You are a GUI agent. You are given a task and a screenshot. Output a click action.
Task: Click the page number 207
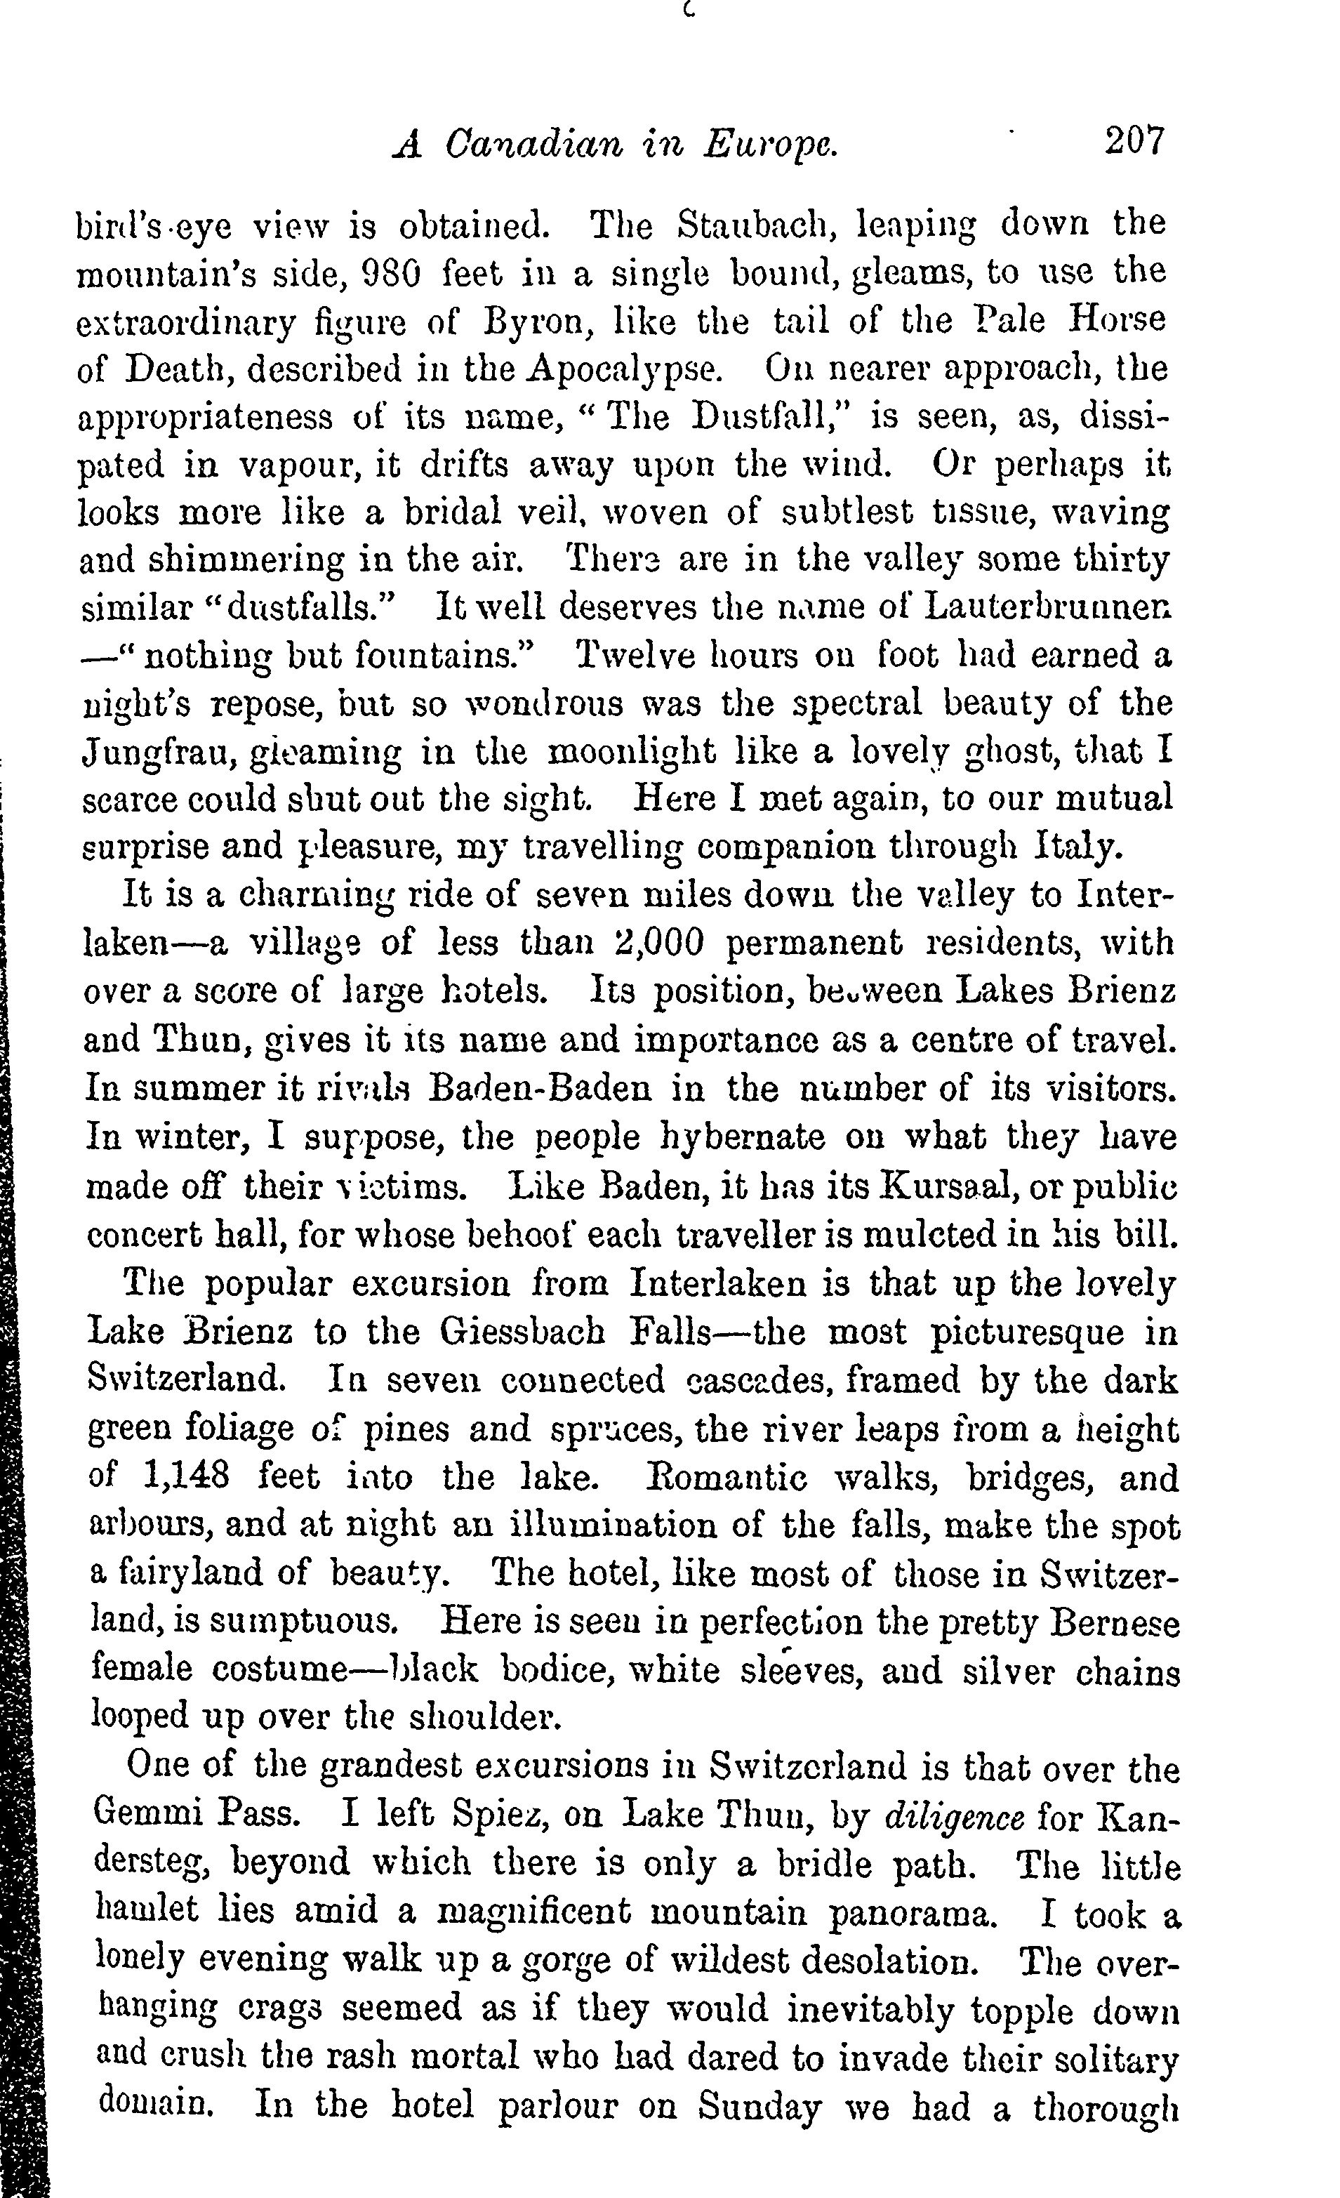pos(1134,141)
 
